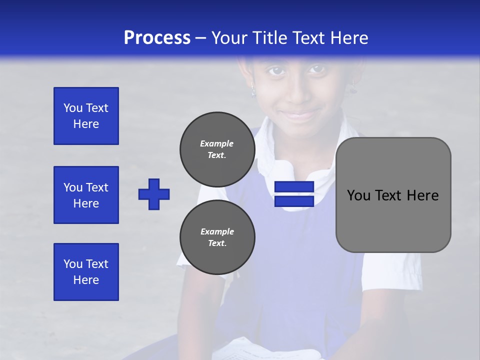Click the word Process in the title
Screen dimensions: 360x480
pyautogui.click(x=157, y=38)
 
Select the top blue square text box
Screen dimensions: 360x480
pyautogui.click(x=86, y=116)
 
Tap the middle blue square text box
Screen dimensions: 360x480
pyautogui.click(x=86, y=195)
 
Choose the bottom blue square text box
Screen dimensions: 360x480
pyautogui.click(x=86, y=272)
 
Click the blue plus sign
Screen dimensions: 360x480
pyautogui.click(x=154, y=194)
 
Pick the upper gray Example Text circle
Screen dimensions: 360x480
pyautogui.click(x=217, y=149)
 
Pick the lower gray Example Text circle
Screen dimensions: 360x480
pyautogui.click(x=217, y=237)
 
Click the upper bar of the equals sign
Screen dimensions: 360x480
pyautogui.click(x=294, y=187)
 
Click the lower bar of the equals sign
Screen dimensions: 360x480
pyautogui.click(x=294, y=201)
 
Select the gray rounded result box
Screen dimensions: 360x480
pyautogui.click(x=393, y=195)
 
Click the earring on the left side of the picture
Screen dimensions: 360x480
pyautogui.click(x=253, y=91)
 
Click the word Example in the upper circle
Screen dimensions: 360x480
pyautogui.click(x=216, y=143)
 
